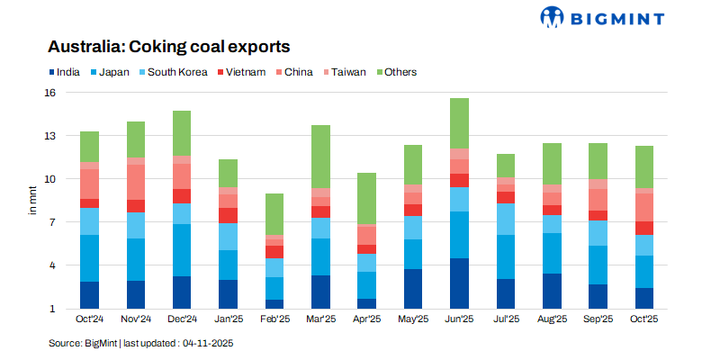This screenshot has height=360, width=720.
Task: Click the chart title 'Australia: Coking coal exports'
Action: click(169, 46)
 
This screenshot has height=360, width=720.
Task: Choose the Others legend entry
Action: click(400, 72)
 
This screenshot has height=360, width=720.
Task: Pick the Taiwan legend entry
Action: click(347, 72)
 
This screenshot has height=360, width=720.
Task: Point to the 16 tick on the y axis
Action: click(49, 93)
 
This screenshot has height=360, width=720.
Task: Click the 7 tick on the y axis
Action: click(52, 222)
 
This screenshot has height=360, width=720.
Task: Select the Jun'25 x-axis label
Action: click(459, 319)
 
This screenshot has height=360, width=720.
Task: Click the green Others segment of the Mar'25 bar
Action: click(320, 157)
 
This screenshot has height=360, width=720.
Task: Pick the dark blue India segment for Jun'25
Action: click(459, 283)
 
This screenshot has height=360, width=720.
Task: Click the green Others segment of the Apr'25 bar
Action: click(366, 199)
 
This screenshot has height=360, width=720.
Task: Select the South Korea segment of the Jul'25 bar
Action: click(506, 219)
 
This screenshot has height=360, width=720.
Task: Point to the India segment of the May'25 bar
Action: click(413, 289)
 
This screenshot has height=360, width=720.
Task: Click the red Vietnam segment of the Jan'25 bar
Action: click(228, 215)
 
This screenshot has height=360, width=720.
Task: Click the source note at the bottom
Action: click(141, 343)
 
